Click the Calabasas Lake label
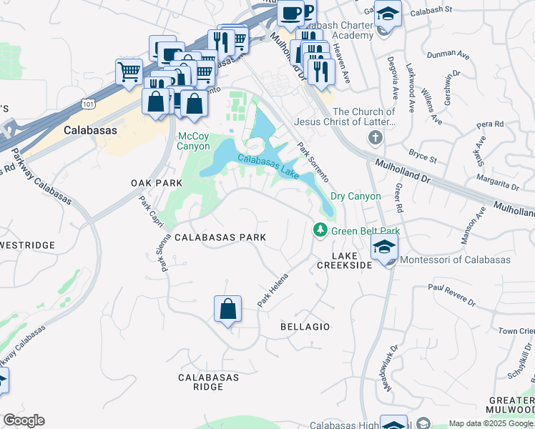pos(267,166)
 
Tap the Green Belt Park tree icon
pos(320,230)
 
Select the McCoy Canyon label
pos(194,141)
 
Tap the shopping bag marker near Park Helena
pos(227,310)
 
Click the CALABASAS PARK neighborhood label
pos(220,237)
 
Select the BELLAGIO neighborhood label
pos(305,327)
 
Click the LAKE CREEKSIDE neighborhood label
pos(352,260)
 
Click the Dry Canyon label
pos(355,196)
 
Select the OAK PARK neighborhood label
pos(157,183)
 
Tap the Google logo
pos(24,420)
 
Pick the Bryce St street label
pos(422,155)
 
